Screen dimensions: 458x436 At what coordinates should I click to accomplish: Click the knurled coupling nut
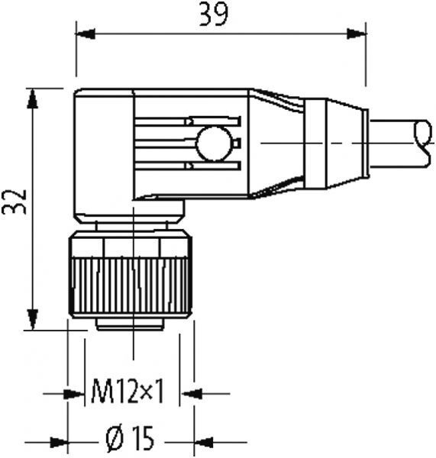[x=129, y=283]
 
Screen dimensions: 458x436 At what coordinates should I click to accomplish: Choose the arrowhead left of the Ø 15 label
[x=58, y=441]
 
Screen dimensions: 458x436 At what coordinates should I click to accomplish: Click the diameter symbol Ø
[x=111, y=440]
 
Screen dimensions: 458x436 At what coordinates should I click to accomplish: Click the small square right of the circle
[x=237, y=143]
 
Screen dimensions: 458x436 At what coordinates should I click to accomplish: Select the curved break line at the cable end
[x=422, y=143]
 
